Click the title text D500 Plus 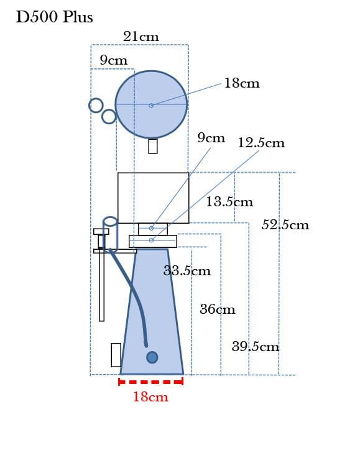click(55, 17)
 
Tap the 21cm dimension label click(141, 37)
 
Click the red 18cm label click(150, 397)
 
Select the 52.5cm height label click(285, 224)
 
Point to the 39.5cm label click(256, 347)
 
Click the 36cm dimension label click(218, 309)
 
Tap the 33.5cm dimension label click(187, 271)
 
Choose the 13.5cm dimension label click(229, 202)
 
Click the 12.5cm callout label click(261, 143)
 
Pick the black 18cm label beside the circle click(242, 83)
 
